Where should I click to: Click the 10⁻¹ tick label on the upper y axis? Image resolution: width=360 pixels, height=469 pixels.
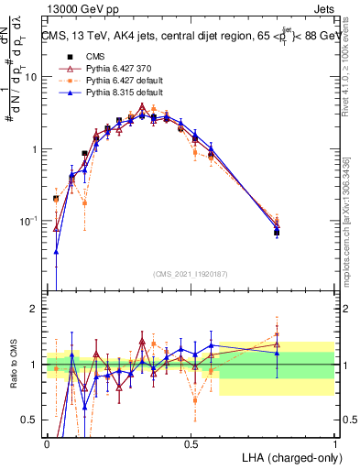point(31,220)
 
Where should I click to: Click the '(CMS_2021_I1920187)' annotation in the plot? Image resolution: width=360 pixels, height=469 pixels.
point(191,274)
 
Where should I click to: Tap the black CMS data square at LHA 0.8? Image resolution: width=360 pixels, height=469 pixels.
point(277,233)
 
